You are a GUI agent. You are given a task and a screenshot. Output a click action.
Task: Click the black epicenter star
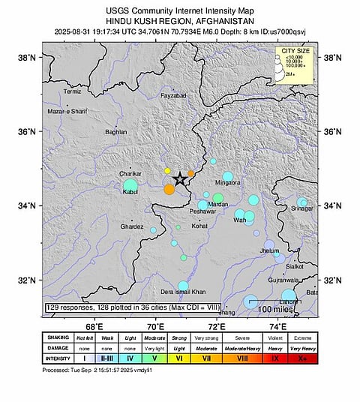[x=179, y=179]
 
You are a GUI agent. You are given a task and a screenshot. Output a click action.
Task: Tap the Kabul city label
[x=121, y=193]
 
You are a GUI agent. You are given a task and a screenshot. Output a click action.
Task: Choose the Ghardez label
[x=131, y=226]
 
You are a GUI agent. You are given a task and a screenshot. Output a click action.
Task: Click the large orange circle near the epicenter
[x=169, y=189]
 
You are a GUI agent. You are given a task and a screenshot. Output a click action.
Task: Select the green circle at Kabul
[x=130, y=185]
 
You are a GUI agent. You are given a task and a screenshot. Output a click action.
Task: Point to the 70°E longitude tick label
[x=156, y=327]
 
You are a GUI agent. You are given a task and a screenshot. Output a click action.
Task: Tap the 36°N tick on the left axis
[x=28, y=132]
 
